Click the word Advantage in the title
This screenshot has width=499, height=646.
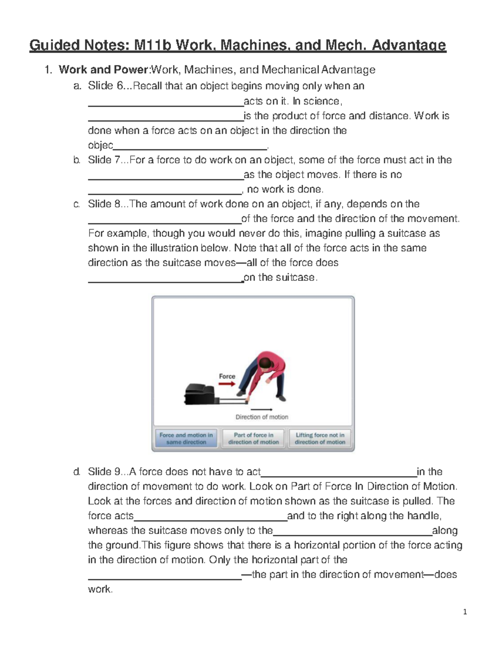[x=408, y=45]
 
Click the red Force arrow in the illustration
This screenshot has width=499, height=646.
[x=227, y=384]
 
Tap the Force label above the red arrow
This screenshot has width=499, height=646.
[x=227, y=376]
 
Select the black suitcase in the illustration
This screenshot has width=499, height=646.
[x=200, y=394]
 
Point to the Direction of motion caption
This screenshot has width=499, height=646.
[x=262, y=417]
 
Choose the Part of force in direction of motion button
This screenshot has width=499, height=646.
[x=253, y=438]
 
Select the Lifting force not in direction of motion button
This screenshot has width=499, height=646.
[x=320, y=438]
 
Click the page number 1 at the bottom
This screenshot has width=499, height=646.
[x=465, y=611]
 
